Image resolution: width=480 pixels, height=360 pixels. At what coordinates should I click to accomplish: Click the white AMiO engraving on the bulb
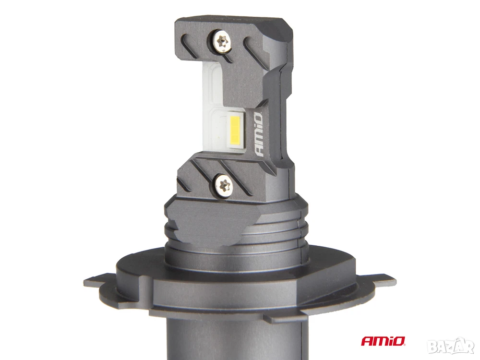click(x=258, y=135)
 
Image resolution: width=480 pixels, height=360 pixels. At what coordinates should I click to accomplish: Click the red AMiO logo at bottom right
click(x=383, y=341)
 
